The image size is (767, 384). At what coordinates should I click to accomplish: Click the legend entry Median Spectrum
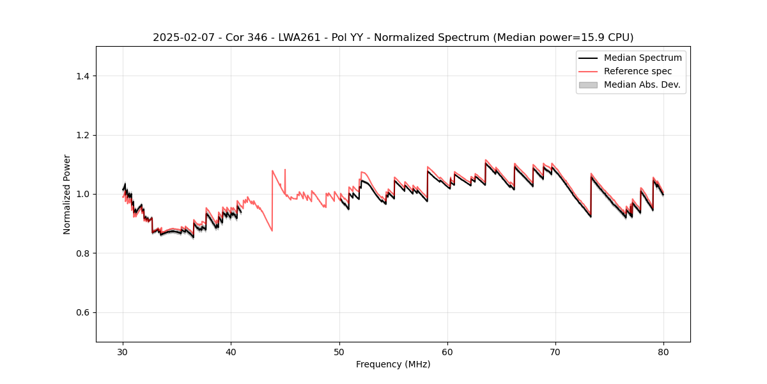click(642, 58)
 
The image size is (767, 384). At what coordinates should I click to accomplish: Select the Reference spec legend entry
click(637, 71)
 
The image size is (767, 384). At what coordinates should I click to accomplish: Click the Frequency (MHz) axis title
click(393, 364)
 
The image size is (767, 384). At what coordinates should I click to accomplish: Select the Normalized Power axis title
click(66, 194)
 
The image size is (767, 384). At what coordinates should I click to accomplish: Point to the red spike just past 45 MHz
click(285, 170)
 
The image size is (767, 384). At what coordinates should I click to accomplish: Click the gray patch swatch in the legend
click(588, 84)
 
